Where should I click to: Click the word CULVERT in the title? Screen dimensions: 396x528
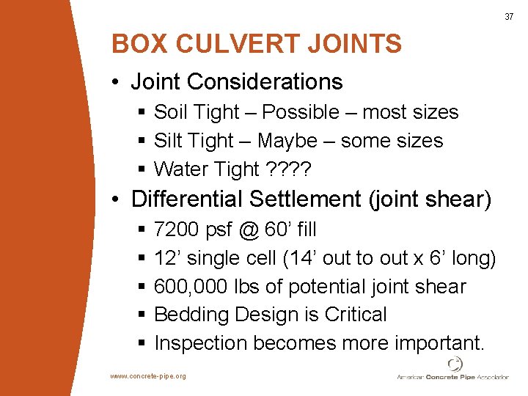pyautogui.click(x=234, y=44)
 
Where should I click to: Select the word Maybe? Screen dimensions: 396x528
pyautogui.click(x=287, y=141)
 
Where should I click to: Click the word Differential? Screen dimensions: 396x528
pyautogui.click(x=187, y=199)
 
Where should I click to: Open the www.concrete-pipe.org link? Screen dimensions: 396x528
pyautogui.click(x=148, y=376)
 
